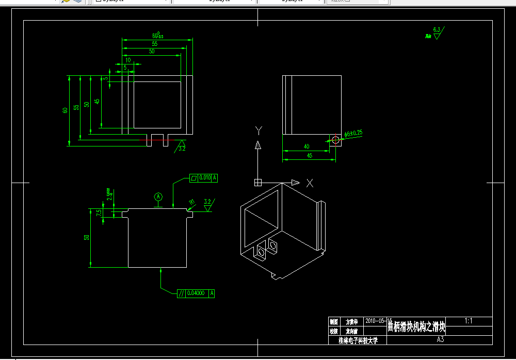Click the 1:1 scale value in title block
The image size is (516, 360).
[x=469, y=321]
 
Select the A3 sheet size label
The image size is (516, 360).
[x=440, y=339]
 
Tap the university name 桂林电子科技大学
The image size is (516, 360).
[x=358, y=340]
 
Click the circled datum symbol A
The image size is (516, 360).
[x=158, y=197]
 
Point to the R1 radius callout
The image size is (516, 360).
[x=191, y=202]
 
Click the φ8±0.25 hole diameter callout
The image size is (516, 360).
[x=353, y=133]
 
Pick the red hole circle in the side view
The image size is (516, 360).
[x=335, y=139]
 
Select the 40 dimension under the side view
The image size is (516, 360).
[x=307, y=147]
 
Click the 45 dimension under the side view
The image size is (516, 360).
[x=310, y=155]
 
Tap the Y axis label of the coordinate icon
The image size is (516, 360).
[x=259, y=129]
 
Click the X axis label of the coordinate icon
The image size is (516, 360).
[x=310, y=183]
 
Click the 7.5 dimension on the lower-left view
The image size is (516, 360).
[x=99, y=212]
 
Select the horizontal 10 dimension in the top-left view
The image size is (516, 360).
[x=128, y=60]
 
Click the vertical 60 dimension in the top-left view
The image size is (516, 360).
[x=65, y=110]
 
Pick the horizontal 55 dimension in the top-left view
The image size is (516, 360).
[x=154, y=44]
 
